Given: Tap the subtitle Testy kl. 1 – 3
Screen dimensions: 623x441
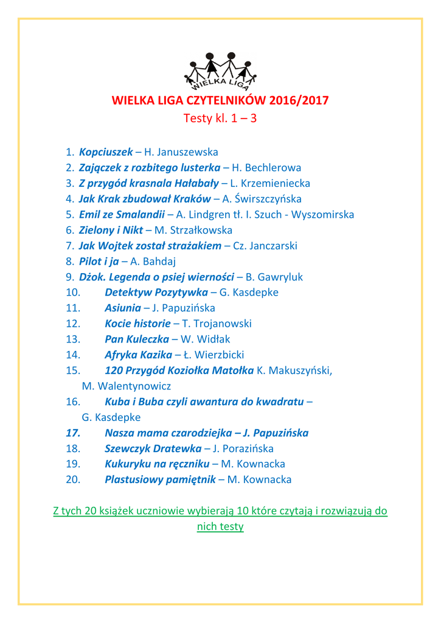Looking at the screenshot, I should click(220, 118).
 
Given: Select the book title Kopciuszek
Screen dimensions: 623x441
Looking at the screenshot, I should click(106, 151).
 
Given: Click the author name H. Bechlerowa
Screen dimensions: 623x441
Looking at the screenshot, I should click(266, 167).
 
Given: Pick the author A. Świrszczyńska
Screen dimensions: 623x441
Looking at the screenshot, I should click(262, 199).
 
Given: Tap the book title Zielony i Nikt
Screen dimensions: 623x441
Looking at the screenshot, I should click(111, 231).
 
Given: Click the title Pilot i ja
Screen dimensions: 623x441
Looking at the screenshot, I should click(99, 262).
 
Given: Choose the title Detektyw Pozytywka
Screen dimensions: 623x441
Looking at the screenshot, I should click(156, 293).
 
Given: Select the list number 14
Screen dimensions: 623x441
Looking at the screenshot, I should click(73, 355).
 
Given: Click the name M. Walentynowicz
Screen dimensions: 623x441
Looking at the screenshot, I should click(127, 386).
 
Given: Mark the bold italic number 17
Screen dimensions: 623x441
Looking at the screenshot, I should click(73, 433).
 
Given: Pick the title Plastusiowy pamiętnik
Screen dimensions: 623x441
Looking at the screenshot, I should click(160, 480).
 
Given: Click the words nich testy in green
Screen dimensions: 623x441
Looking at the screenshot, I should click(220, 527).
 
